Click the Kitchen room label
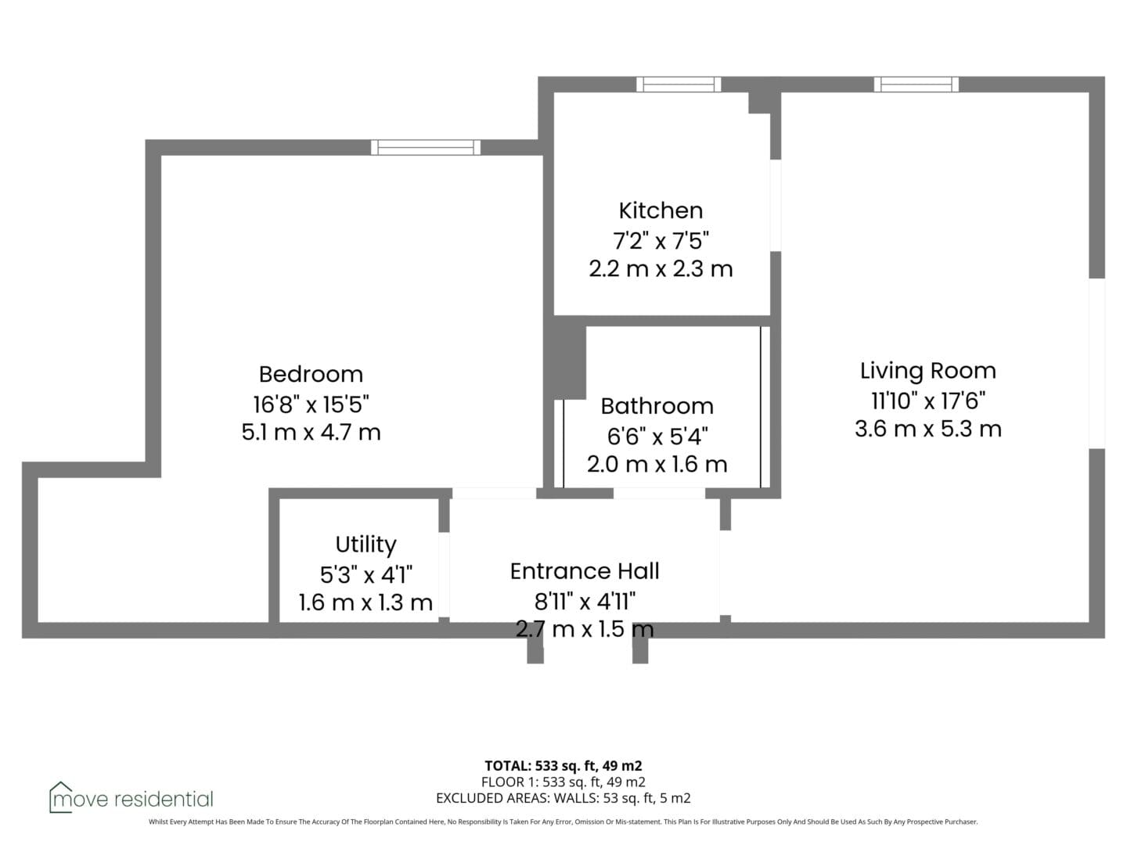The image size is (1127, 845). [661, 211]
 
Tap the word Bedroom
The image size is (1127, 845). [311, 375]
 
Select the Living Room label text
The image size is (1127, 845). [927, 372]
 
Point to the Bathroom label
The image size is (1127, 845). [657, 406]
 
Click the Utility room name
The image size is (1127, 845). [365, 545]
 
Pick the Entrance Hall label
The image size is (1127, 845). [585, 571]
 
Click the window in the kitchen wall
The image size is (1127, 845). [679, 84]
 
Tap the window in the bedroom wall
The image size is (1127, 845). [426, 148]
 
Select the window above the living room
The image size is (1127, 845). [916, 84]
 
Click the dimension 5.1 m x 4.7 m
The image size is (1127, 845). [311, 433]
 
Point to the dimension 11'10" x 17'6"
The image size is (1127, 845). [928, 401]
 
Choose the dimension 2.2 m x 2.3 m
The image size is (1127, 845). [661, 269]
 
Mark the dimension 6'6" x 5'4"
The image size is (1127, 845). [657, 436]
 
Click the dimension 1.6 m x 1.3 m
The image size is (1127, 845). [365, 602]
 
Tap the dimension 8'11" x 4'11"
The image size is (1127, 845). [585, 601]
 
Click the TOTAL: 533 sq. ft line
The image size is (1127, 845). [563, 766]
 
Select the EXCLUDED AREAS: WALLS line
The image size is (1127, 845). [563, 798]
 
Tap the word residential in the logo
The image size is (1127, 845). [164, 800]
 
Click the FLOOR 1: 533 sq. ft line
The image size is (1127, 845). [563, 782]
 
